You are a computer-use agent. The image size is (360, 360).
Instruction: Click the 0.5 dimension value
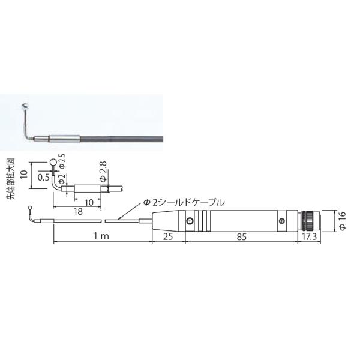click(x=43, y=178)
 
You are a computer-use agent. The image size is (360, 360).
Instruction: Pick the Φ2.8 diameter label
click(x=103, y=174)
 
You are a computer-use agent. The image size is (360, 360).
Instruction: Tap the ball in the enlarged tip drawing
click(x=54, y=161)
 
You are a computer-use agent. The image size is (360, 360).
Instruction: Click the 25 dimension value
click(x=169, y=237)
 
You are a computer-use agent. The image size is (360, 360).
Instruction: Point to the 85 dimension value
click(x=242, y=237)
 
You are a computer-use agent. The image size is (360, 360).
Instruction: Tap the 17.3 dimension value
click(x=309, y=237)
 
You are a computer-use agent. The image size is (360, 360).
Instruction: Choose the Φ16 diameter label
click(x=343, y=221)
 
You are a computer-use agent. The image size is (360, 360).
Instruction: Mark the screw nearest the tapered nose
click(x=191, y=222)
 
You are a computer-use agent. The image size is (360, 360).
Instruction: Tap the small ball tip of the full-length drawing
click(x=30, y=209)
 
